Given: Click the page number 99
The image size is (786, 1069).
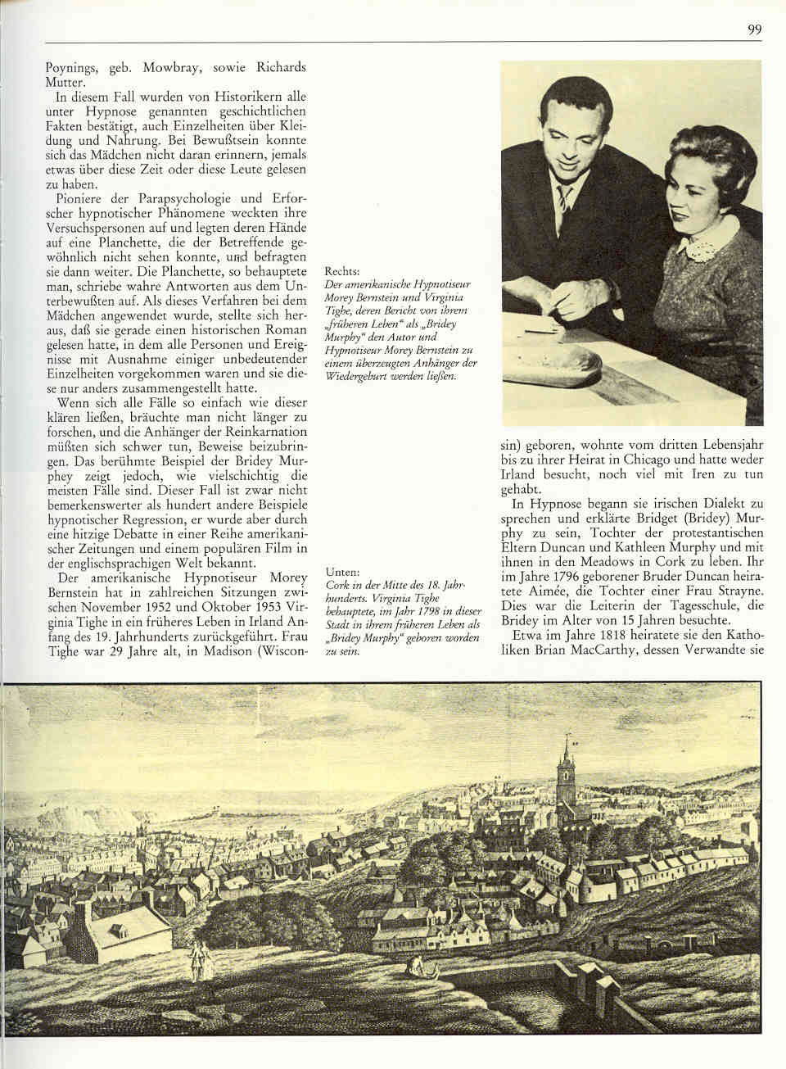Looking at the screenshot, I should click(x=754, y=30).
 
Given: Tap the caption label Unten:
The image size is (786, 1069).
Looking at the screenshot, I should click(x=342, y=573).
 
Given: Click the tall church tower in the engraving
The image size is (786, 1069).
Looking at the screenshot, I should click(x=564, y=767).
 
